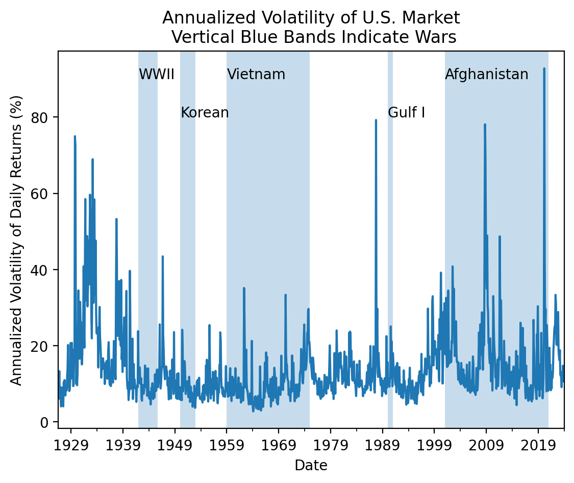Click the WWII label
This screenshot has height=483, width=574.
(157, 75)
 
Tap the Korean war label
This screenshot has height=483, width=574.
(205, 113)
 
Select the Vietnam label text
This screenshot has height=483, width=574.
(256, 75)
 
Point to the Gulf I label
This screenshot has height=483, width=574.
(407, 113)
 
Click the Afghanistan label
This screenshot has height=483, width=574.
(487, 75)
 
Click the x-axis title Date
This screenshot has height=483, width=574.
(311, 465)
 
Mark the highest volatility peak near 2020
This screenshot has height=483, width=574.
(544, 68)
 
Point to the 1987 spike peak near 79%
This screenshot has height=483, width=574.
(376, 120)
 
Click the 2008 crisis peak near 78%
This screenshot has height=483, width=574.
(485, 125)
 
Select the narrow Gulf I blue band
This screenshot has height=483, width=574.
(390, 255)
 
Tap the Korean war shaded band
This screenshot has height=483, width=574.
(188, 255)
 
